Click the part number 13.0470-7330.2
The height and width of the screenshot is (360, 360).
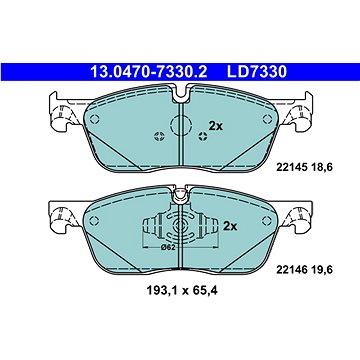[x=149, y=72]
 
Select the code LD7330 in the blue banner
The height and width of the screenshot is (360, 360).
[x=257, y=72]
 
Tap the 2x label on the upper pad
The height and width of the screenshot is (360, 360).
[x=216, y=126]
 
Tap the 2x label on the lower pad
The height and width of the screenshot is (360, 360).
[x=230, y=227]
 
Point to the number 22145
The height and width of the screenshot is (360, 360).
[x=290, y=167]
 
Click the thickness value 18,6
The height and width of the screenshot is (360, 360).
[x=321, y=167]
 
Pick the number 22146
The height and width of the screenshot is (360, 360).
[x=290, y=270]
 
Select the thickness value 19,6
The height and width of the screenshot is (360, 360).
[x=321, y=270]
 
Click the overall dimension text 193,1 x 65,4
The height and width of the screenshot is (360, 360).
[x=182, y=291]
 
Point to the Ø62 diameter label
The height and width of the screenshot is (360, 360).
[x=168, y=247]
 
